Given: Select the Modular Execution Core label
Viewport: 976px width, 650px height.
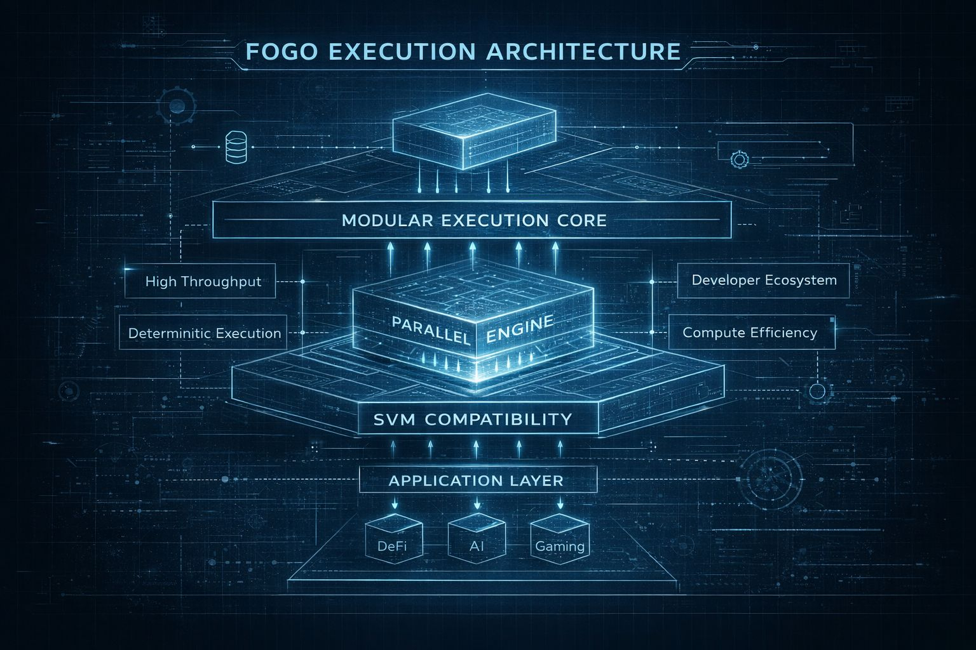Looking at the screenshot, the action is coord(473,220).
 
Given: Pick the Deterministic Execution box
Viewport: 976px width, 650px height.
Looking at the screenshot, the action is coord(204,333).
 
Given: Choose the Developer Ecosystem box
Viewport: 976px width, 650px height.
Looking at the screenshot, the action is coord(763,280).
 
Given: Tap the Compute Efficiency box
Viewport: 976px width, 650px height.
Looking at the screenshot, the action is coord(750,333).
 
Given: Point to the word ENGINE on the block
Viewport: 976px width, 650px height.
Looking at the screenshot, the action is coord(519,329).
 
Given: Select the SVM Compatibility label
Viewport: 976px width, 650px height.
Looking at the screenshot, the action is coord(473,419).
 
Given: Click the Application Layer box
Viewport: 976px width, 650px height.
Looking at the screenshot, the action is coord(476,480).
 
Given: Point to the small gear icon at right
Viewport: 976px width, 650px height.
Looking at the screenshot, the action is coord(738,159).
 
